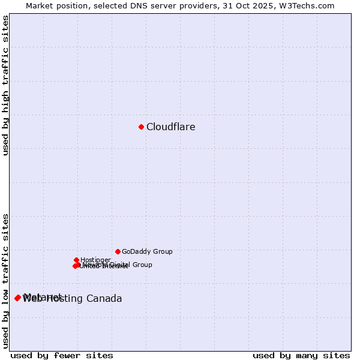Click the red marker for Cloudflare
[141, 127]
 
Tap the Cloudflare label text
[170, 127]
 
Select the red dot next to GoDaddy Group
[118, 251]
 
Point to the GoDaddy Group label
[147, 252]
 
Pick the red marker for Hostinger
[76, 260]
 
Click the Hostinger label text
[95, 260]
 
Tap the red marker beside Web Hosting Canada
[19, 298]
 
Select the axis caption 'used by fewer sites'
[62, 355]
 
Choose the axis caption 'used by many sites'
[301, 355]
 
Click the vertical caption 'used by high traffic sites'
[6, 85]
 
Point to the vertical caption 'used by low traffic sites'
[6, 281]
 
